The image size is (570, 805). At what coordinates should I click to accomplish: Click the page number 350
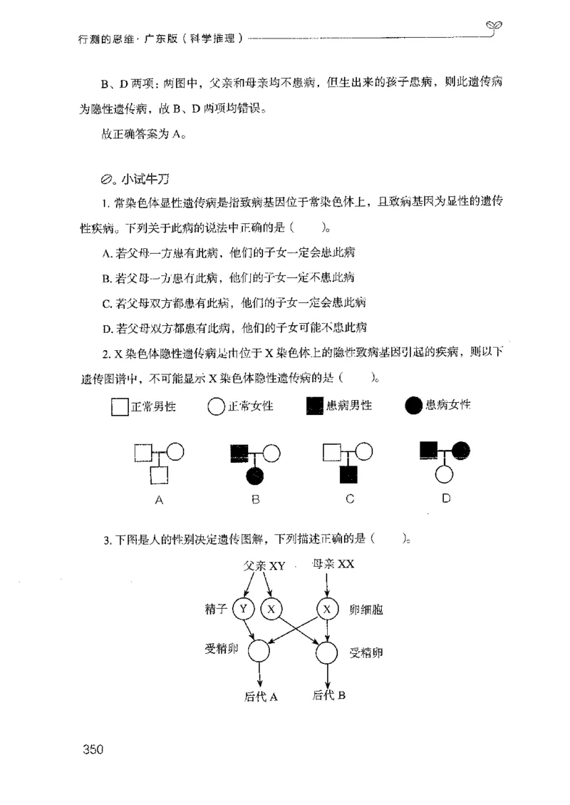point(94,749)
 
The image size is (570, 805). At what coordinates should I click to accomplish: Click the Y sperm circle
point(244,608)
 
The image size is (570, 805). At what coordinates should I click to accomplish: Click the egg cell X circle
point(327,608)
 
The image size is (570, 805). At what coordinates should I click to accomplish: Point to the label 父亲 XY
point(264,565)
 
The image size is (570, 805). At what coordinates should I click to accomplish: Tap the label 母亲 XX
point(333,565)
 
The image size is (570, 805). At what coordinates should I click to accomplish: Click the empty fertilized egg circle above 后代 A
point(259,650)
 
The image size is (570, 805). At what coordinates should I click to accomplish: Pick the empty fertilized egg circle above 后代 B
point(327,650)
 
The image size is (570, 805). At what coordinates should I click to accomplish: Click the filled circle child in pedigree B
point(256,474)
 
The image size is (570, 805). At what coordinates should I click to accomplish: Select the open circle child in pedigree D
point(445,474)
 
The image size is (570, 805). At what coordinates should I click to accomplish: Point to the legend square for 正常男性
point(119,407)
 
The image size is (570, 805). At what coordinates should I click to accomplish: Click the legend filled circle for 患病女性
point(413,406)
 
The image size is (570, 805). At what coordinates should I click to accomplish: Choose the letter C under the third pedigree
point(350,499)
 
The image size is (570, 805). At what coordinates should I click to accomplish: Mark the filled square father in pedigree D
point(428,451)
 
